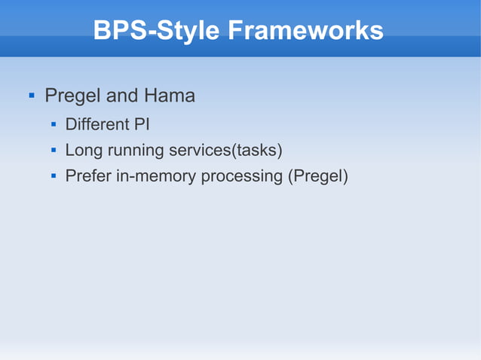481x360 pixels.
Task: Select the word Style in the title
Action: [x=186, y=31]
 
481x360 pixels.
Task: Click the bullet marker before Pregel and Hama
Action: [x=31, y=97]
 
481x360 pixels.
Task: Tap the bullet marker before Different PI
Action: [x=54, y=124]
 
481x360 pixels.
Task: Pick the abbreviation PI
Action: [x=142, y=124]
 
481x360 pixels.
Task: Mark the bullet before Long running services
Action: [x=54, y=151]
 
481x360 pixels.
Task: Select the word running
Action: [x=133, y=151]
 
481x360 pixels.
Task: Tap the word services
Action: [x=198, y=151]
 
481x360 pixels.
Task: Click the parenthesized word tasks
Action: [x=257, y=151]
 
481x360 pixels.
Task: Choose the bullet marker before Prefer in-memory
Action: [x=54, y=177]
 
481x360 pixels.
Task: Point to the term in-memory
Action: [x=154, y=177]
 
